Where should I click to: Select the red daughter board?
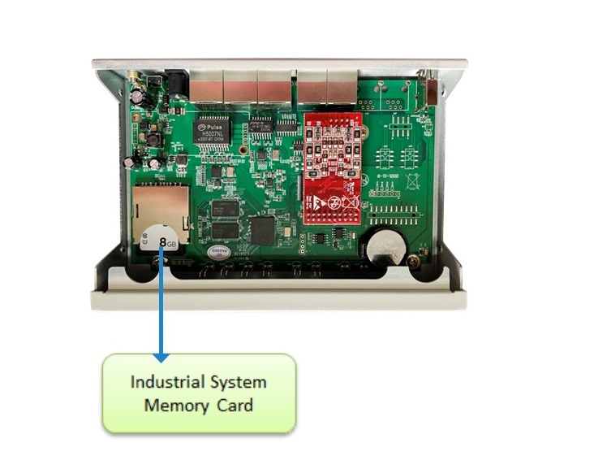332,166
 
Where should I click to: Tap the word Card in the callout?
235,404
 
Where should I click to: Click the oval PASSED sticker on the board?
221,253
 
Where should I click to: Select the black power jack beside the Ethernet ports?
175,83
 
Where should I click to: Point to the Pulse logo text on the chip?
213,126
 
